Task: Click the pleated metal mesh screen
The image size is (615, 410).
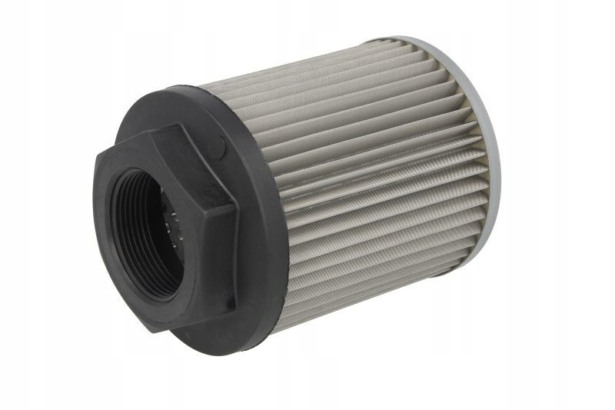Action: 377,177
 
